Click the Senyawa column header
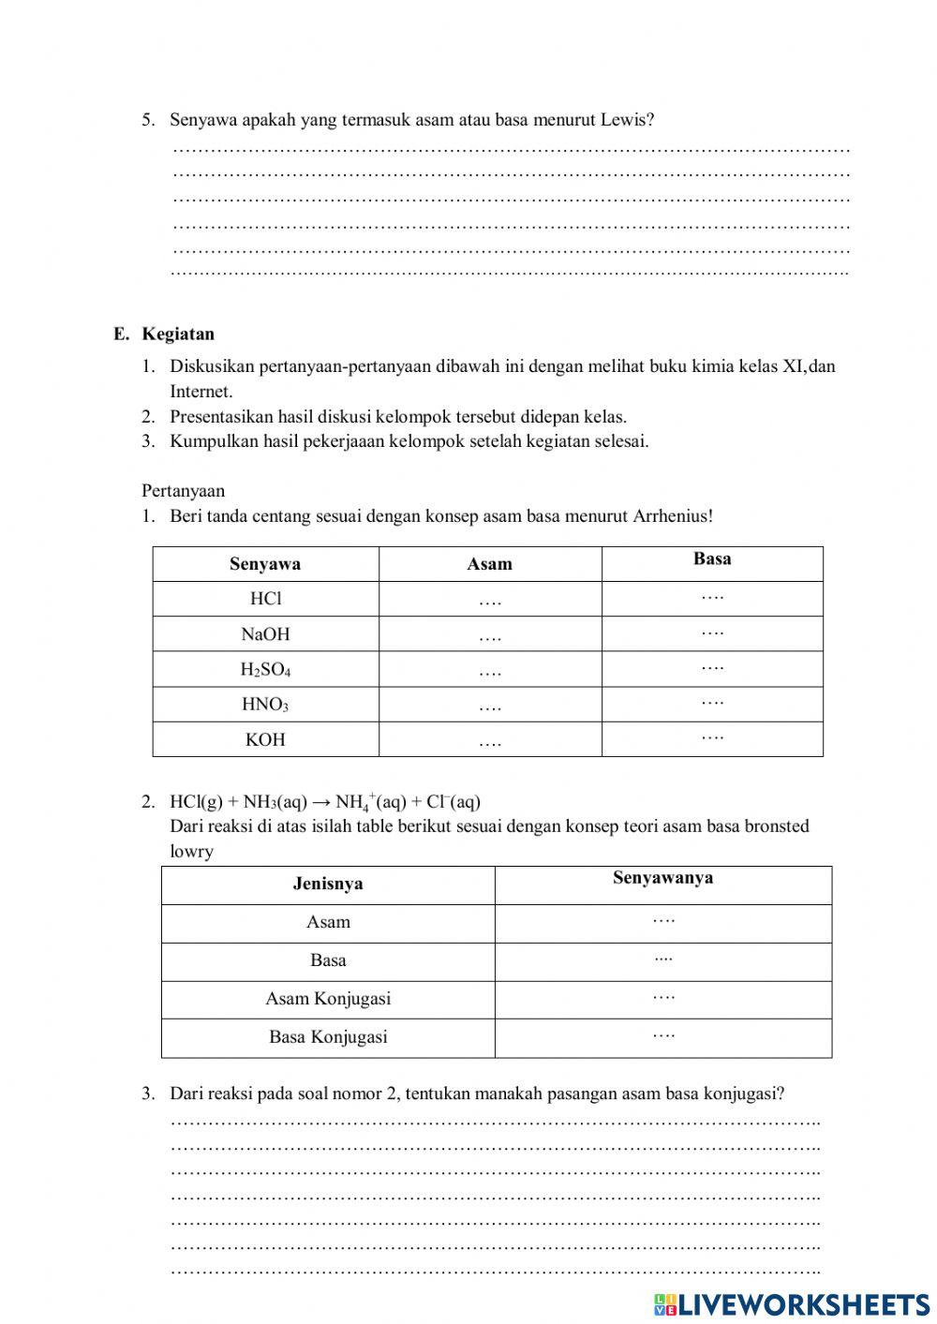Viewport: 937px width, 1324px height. click(265, 564)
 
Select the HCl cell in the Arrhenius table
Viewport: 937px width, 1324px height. click(265, 599)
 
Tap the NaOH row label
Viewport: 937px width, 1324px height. click(265, 634)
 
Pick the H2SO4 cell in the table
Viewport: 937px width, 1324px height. click(265, 670)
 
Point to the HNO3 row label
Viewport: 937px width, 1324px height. click(265, 705)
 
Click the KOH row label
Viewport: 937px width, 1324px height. click(265, 739)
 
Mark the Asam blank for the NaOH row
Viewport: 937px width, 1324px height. click(490, 637)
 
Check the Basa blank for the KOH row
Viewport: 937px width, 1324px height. click(712, 737)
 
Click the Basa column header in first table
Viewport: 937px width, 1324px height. click(712, 559)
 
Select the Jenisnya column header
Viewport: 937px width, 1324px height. click(328, 884)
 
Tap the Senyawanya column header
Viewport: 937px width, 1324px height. click(662, 878)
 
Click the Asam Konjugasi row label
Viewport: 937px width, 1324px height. click(328, 999)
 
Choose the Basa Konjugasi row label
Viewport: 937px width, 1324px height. click(328, 1037)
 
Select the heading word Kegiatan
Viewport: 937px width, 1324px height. click(178, 335)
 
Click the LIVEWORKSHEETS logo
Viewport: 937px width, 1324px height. click(792, 1303)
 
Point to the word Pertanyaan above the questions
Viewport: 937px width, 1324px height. click(184, 491)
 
